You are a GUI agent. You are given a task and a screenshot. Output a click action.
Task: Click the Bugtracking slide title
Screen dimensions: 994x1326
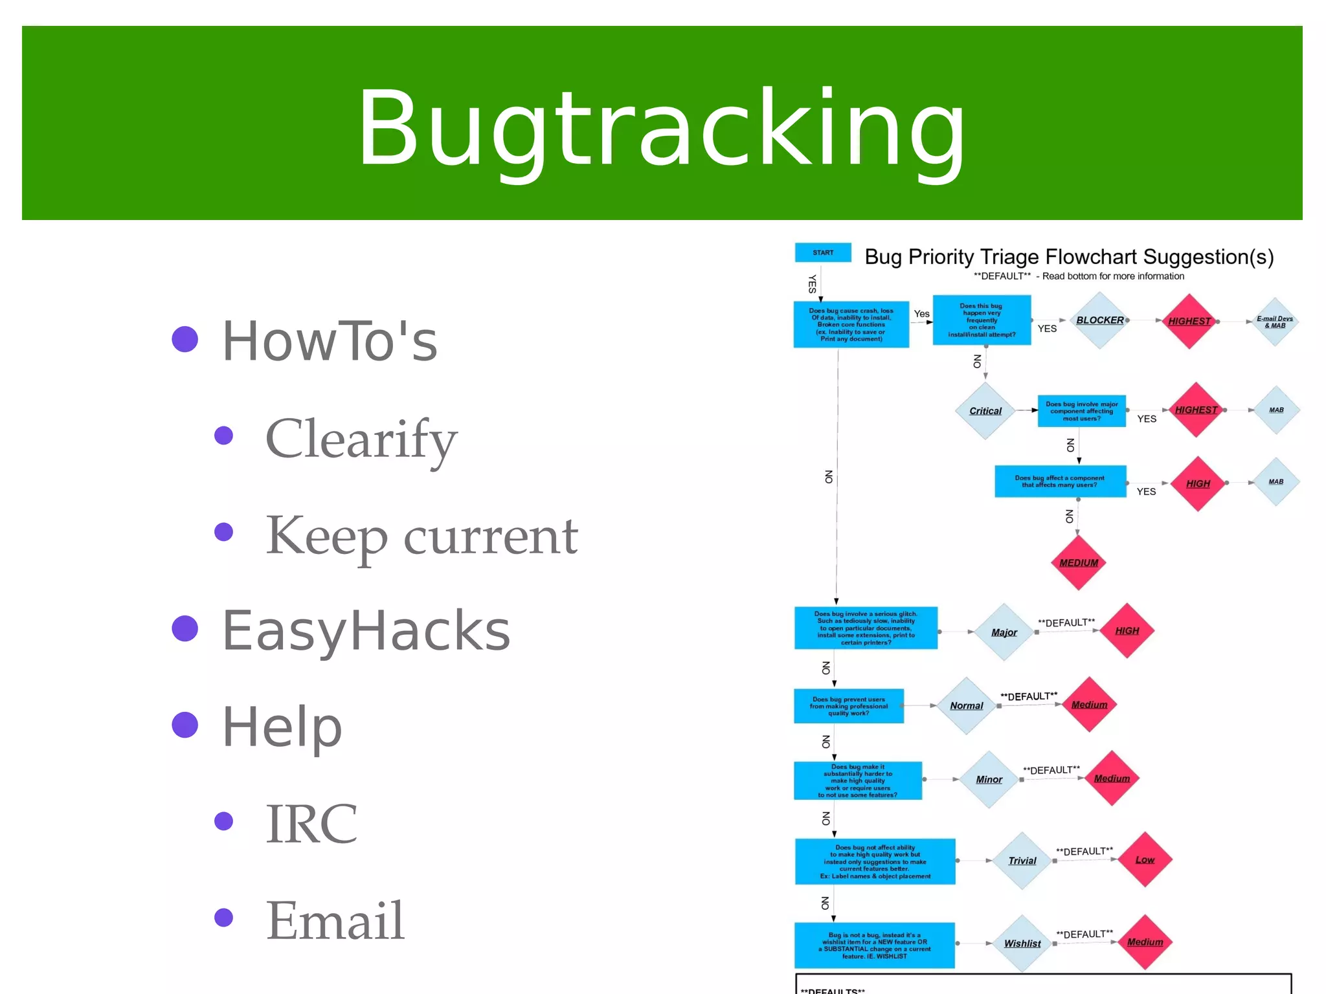pyautogui.click(x=661, y=127)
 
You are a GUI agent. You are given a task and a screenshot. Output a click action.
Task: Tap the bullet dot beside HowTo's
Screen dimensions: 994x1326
pyautogui.click(x=185, y=339)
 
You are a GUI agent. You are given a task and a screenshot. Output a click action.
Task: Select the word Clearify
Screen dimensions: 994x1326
pyautogui.click(x=361, y=439)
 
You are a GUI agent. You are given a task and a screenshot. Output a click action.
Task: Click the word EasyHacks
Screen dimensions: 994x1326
pyautogui.click(x=366, y=630)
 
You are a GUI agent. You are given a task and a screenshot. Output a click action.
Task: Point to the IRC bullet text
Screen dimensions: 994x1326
pyautogui.click(x=311, y=823)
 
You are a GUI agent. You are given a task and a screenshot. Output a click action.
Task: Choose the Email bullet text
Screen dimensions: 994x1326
pyautogui.click(x=335, y=920)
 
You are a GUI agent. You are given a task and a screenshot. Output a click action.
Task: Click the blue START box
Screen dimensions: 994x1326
pyautogui.click(x=823, y=253)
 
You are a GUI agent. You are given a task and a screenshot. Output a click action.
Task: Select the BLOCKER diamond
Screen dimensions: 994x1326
pyautogui.click(x=1099, y=320)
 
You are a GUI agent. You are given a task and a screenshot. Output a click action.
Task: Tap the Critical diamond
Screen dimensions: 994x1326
pyautogui.click(x=985, y=411)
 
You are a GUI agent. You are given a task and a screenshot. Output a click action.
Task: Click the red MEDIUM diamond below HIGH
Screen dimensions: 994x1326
pyautogui.click(x=1078, y=562)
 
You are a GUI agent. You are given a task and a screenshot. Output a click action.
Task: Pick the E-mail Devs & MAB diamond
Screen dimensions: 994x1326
pyautogui.click(x=1274, y=322)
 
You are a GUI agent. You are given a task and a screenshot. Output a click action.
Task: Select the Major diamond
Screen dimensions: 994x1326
pyautogui.click(x=1004, y=632)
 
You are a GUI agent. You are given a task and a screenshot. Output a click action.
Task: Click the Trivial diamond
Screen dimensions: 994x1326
pyautogui.click(x=1022, y=861)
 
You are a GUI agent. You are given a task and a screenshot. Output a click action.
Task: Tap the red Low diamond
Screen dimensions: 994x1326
pyautogui.click(x=1145, y=859)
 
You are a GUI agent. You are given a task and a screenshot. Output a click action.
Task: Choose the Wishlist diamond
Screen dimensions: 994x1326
pyautogui.click(x=1022, y=944)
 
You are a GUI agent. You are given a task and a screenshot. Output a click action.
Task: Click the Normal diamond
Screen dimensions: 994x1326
pyautogui.click(x=966, y=706)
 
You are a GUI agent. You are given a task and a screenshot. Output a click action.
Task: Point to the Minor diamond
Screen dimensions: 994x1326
pyautogui.click(x=989, y=780)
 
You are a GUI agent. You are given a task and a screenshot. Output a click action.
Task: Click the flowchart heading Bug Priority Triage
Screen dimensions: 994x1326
pyautogui.click(x=1068, y=257)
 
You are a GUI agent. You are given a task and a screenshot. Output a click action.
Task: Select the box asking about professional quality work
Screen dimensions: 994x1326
pyautogui.click(x=848, y=706)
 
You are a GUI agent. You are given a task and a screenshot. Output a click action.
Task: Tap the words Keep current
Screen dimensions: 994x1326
pyautogui.click(x=421, y=536)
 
